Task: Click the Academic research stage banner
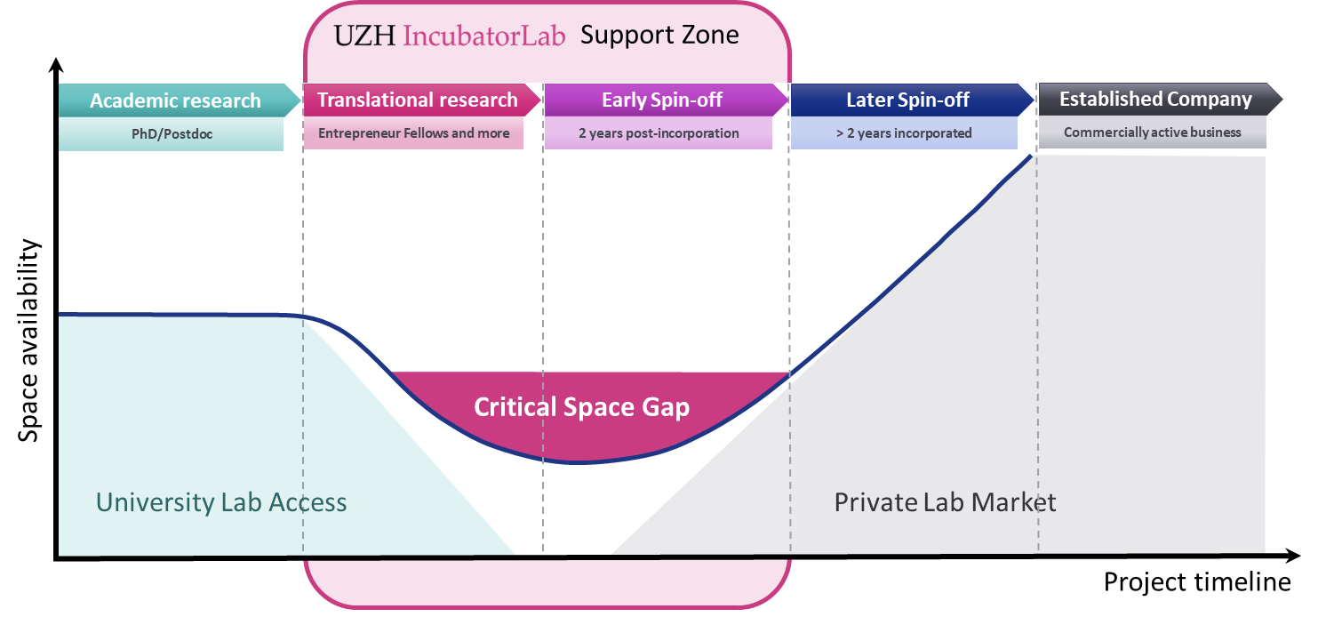(175, 100)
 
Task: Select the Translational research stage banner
(417, 100)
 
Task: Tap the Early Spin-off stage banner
(662, 100)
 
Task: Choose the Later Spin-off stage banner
(907, 100)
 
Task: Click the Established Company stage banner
(1155, 99)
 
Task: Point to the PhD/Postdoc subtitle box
(171, 133)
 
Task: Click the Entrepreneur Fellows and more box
(413, 133)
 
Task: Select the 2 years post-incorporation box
(659, 133)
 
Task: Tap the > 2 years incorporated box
(904, 133)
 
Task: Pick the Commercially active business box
(1152, 132)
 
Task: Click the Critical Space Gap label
(581, 407)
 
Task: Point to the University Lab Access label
(221, 502)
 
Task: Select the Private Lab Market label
(945, 502)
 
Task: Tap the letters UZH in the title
(364, 36)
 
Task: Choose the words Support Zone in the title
(659, 36)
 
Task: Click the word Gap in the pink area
(666, 408)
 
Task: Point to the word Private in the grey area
(875, 502)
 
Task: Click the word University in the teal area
(152, 502)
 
